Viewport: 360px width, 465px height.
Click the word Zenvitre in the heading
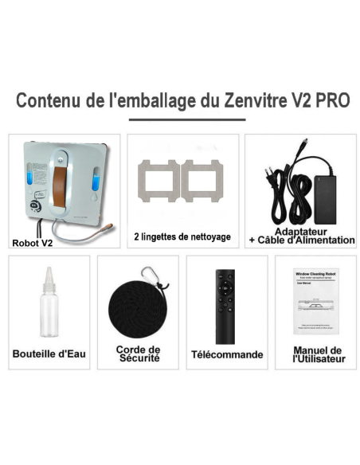[244, 101]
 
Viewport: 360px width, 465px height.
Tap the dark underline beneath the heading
[181, 121]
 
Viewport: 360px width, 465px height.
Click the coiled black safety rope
[136, 307]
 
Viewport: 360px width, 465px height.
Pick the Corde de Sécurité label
[137, 354]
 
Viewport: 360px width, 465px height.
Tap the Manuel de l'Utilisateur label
[316, 354]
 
